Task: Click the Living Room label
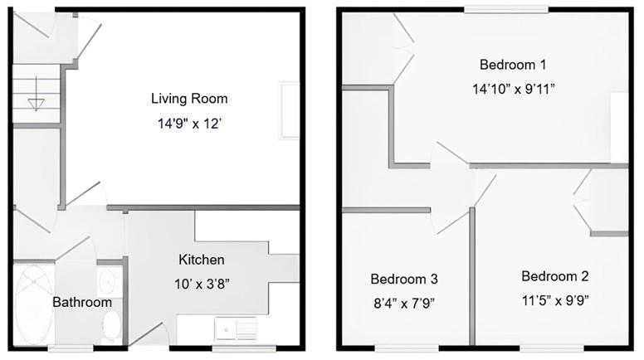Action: (189, 99)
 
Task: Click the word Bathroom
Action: (81, 302)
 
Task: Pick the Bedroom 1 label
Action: (513, 64)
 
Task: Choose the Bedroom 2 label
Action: (554, 275)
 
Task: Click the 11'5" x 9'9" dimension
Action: (554, 299)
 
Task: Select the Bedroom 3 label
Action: (404, 279)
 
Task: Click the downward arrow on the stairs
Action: (35, 104)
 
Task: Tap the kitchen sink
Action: (236, 329)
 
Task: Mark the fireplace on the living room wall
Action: (289, 109)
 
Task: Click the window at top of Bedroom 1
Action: (505, 9)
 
